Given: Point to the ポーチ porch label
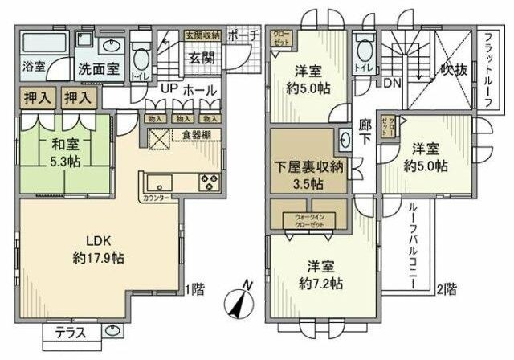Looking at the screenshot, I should (x=243, y=35).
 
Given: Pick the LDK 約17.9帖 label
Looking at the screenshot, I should (x=100, y=248).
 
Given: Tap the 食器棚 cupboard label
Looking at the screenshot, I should (x=196, y=135).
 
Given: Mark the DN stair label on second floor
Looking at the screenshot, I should (x=393, y=83).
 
